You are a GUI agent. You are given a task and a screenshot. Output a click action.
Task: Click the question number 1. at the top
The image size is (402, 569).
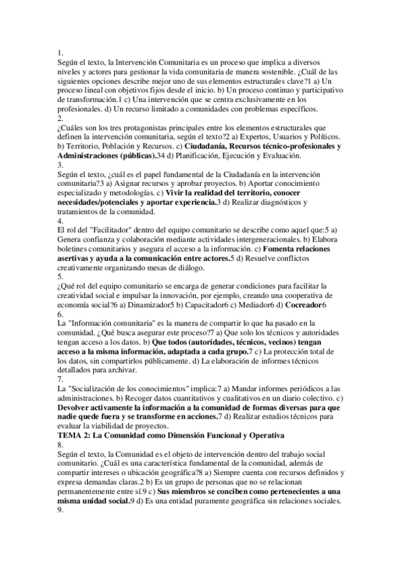pyautogui.click(x=60, y=52)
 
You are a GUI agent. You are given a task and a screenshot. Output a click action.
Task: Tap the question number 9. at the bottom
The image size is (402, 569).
pyautogui.click(x=60, y=510)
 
